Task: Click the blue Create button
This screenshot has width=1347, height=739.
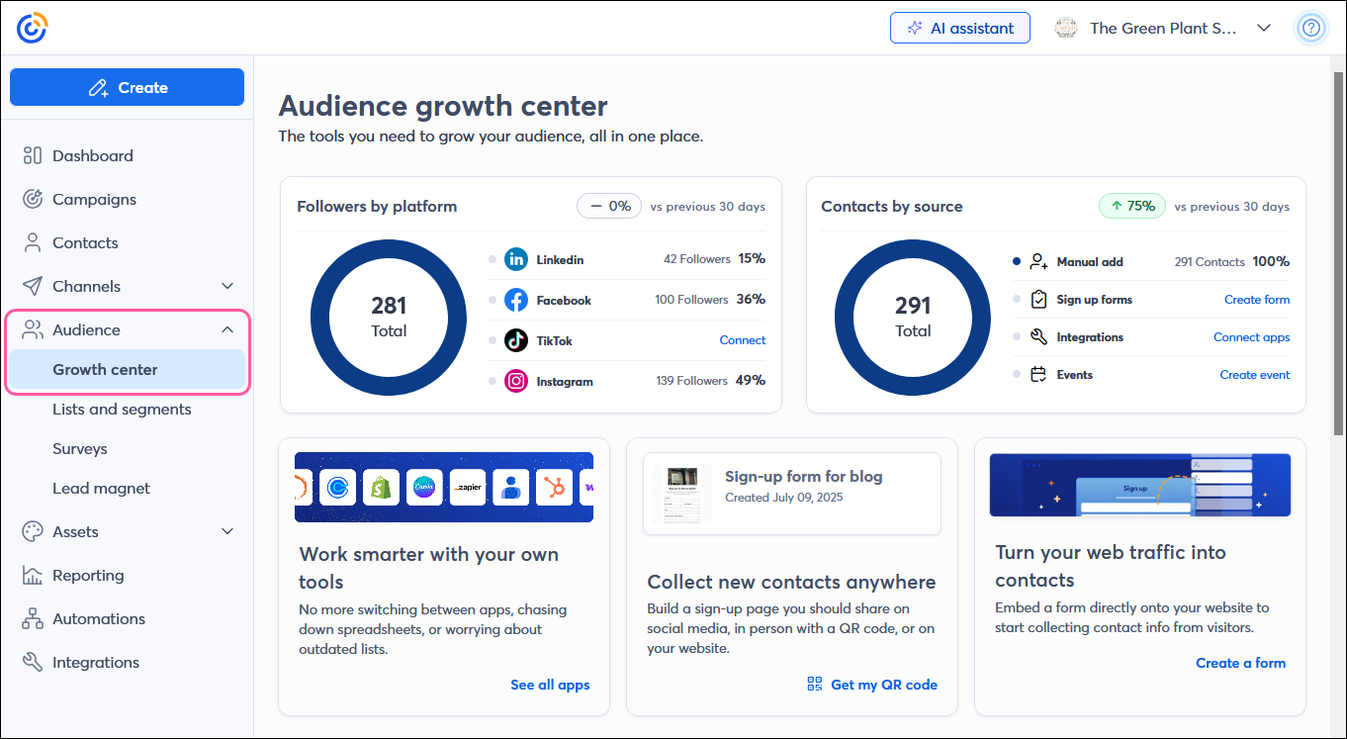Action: (x=127, y=87)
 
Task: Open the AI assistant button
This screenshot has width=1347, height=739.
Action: (x=959, y=28)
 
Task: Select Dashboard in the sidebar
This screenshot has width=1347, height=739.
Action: (x=92, y=155)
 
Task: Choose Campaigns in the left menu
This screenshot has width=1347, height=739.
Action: (x=94, y=199)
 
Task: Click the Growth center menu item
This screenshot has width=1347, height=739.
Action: (x=105, y=369)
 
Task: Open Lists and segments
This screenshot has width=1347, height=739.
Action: (x=122, y=409)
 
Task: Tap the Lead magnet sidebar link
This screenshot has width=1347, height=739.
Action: (x=101, y=488)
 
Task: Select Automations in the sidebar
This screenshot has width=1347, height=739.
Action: (x=98, y=618)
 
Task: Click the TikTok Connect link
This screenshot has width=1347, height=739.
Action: (x=742, y=340)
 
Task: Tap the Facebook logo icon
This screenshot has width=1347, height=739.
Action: (x=516, y=300)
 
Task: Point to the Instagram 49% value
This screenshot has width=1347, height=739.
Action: (x=751, y=380)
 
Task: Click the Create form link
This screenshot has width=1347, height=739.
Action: (x=1256, y=300)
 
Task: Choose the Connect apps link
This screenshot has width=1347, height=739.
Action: (x=1251, y=337)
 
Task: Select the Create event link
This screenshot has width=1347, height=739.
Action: (x=1254, y=375)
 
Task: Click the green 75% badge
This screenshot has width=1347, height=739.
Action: (x=1131, y=206)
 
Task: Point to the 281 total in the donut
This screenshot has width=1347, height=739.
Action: (x=389, y=306)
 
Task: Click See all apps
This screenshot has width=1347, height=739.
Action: (x=550, y=685)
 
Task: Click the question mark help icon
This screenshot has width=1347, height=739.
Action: (x=1311, y=28)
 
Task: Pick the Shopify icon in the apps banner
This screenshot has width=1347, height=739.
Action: (x=380, y=487)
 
